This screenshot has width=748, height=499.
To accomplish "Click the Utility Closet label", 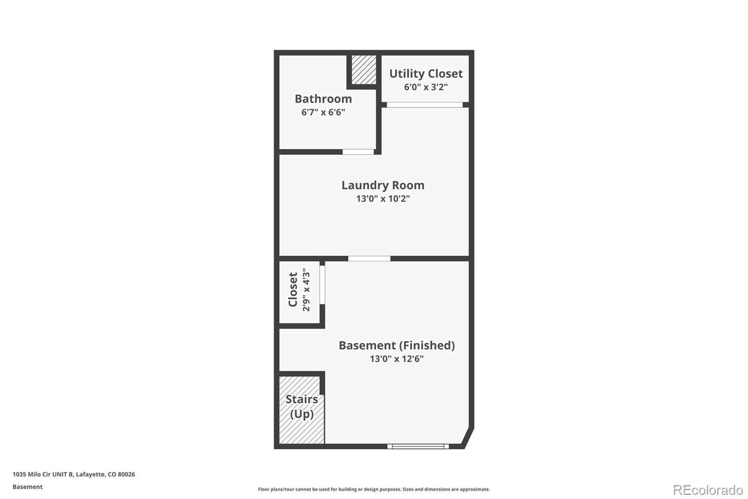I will [x=425, y=73].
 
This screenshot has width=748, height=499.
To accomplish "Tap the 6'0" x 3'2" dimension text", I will [x=425, y=87].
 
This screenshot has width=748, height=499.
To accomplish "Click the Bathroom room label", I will [x=323, y=99].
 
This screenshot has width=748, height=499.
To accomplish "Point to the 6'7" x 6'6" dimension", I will [x=323, y=112].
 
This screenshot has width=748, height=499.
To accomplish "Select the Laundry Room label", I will [x=382, y=185].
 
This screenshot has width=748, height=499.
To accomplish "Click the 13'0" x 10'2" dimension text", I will [x=382, y=198].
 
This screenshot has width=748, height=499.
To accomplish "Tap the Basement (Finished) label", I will [x=396, y=345].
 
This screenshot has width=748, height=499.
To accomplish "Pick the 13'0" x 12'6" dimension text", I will [x=396, y=359].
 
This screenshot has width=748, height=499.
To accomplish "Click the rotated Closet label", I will [x=293, y=290].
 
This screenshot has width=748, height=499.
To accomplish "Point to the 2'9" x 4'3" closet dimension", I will [x=306, y=290].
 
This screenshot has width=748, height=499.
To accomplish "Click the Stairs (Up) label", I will [x=302, y=406].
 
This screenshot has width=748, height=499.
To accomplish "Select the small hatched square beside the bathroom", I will [x=363, y=70].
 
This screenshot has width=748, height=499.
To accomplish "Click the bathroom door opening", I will [x=358, y=152].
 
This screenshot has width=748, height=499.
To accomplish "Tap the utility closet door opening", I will [x=424, y=105].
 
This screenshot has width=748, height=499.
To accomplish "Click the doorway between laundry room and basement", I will [x=369, y=258].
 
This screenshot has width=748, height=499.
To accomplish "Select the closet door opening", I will [x=322, y=285].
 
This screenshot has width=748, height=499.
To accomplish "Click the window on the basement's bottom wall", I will [x=418, y=447].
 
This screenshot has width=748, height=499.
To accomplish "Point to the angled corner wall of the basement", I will [x=468, y=437].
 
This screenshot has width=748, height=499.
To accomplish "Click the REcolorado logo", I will [x=707, y=490].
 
